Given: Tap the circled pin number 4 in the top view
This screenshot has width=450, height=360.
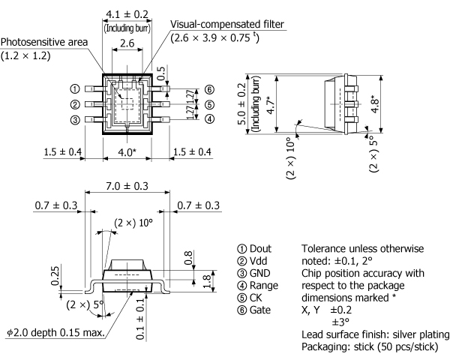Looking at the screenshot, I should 209,118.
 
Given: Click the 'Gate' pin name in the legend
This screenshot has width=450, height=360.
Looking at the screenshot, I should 257,309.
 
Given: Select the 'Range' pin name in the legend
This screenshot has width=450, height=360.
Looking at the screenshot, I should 261,285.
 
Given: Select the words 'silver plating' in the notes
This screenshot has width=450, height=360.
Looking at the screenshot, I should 423,334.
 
